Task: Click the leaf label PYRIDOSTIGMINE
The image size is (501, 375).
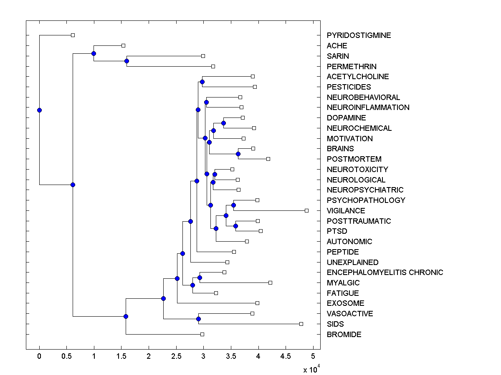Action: click(359, 35)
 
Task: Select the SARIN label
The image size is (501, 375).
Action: click(338, 56)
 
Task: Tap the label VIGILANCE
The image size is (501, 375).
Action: click(346, 211)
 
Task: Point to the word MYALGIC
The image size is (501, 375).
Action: click(343, 283)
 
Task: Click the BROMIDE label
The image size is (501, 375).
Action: click(344, 335)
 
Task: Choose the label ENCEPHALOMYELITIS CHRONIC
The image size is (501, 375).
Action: click(385, 272)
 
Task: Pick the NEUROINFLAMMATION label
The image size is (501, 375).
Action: click(368, 107)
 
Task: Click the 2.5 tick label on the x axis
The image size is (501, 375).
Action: click(176, 356)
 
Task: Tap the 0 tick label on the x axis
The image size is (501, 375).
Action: click(39, 356)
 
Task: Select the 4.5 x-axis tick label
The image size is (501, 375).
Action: click(286, 356)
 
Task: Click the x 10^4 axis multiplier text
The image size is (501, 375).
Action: click(311, 369)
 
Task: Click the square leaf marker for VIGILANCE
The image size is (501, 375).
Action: click(306, 210)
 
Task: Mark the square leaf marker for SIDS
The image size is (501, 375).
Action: click(301, 324)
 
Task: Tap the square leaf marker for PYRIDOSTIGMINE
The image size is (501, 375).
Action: click(73, 35)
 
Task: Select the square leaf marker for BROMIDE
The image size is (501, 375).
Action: click(202, 334)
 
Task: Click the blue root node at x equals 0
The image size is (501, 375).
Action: click(39, 110)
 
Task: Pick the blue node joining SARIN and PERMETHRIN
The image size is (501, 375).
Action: click(127, 61)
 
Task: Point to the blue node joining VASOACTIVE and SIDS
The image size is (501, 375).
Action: click(199, 319)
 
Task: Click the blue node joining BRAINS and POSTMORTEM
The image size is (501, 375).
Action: click(238, 154)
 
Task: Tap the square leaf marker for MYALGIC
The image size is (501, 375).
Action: click(270, 282)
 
